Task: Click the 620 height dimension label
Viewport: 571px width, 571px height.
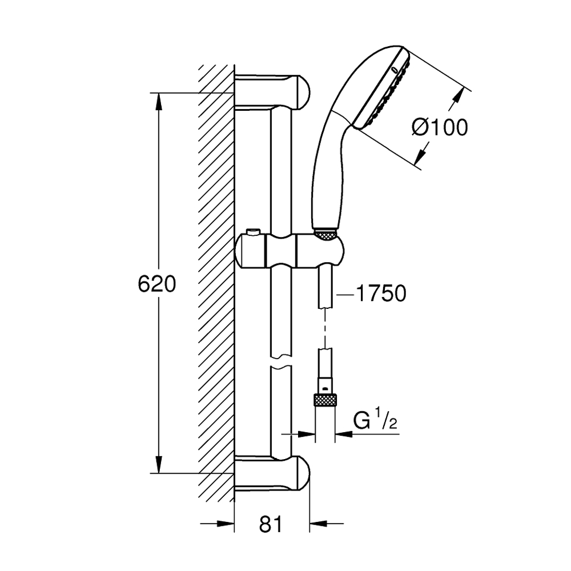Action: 156,284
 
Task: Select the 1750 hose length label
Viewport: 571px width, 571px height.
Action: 380,293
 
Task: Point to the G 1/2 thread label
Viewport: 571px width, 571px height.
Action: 375,423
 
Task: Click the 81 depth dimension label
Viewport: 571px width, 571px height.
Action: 271,523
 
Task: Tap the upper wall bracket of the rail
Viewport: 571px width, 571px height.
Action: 274,91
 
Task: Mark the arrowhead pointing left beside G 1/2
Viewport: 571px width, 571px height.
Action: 343,435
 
